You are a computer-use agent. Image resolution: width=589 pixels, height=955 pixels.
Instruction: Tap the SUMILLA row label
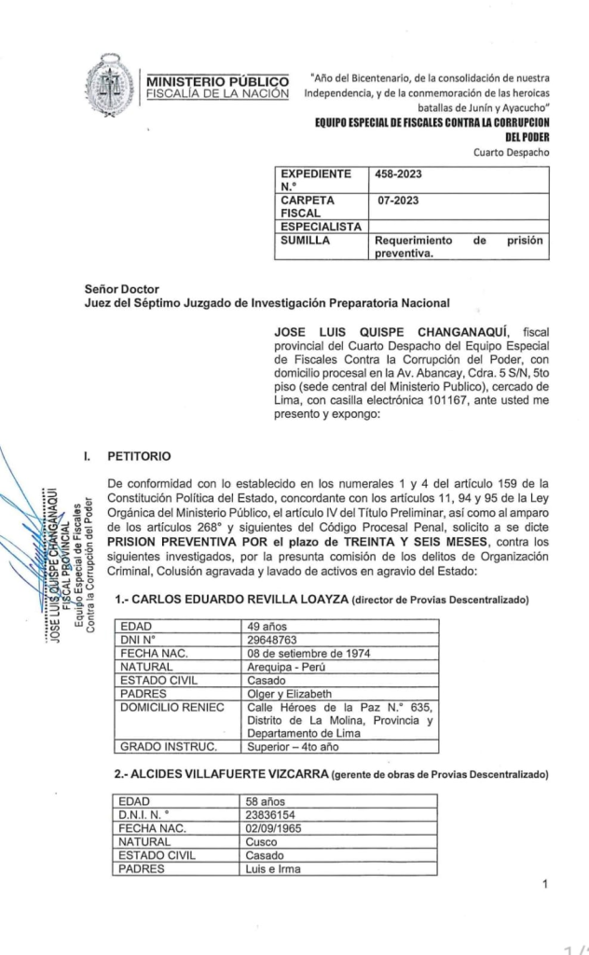coord(308,240)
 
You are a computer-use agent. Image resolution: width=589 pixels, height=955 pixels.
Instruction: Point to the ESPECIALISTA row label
coord(322,225)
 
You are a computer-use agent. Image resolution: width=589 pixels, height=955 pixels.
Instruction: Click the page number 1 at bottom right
coord(544,884)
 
